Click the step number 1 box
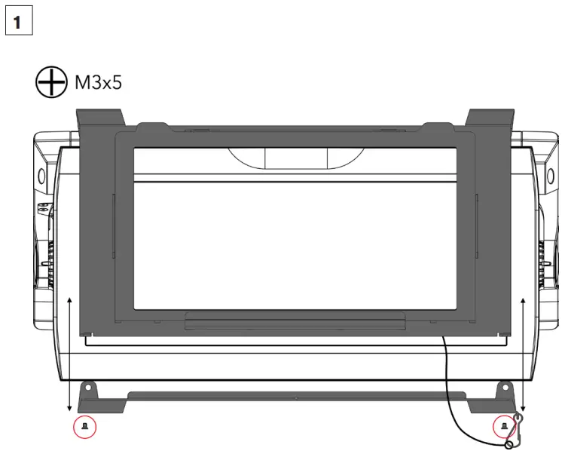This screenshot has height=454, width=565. [19, 20]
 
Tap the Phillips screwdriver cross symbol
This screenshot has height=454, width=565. [51, 82]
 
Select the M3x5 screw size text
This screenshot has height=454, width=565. [99, 82]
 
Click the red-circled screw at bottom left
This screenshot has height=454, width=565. [84, 427]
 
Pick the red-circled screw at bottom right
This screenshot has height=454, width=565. [504, 427]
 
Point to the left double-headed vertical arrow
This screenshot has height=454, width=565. [69, 354]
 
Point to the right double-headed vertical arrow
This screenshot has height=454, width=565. [524, 354]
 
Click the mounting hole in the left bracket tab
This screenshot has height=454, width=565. [88, 388]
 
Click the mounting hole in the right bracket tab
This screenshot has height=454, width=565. [505, 388]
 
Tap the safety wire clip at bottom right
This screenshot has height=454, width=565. [515, 431]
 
